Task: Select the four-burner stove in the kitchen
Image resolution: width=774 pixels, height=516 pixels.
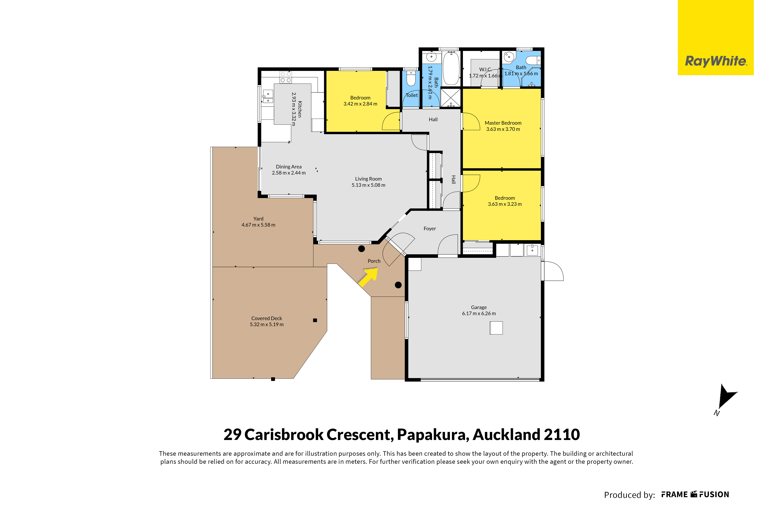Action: (x=285, y=77)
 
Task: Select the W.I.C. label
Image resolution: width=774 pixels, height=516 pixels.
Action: (x=485, y=69)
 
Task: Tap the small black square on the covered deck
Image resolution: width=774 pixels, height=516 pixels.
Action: (x=315, y=320)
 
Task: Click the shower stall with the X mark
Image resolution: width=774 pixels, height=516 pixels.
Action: (x=451, y=98)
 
